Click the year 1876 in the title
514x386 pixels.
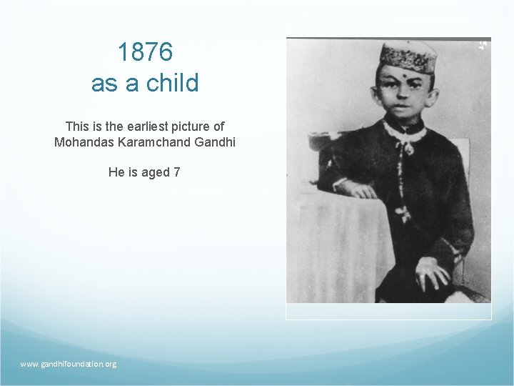(x=145, y=52)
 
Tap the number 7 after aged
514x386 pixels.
(x=176, y=172)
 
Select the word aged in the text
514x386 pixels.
(x=156, y=172)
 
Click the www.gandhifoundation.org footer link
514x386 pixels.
(x=68, y=364)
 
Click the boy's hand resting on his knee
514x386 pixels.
(x=432, y=272)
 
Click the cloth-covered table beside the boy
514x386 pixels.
(x=343, y=243)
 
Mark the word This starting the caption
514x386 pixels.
(x=76, y=127)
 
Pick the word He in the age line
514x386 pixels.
(x=116, y=172)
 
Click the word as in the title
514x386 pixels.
(x=104, y=83)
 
